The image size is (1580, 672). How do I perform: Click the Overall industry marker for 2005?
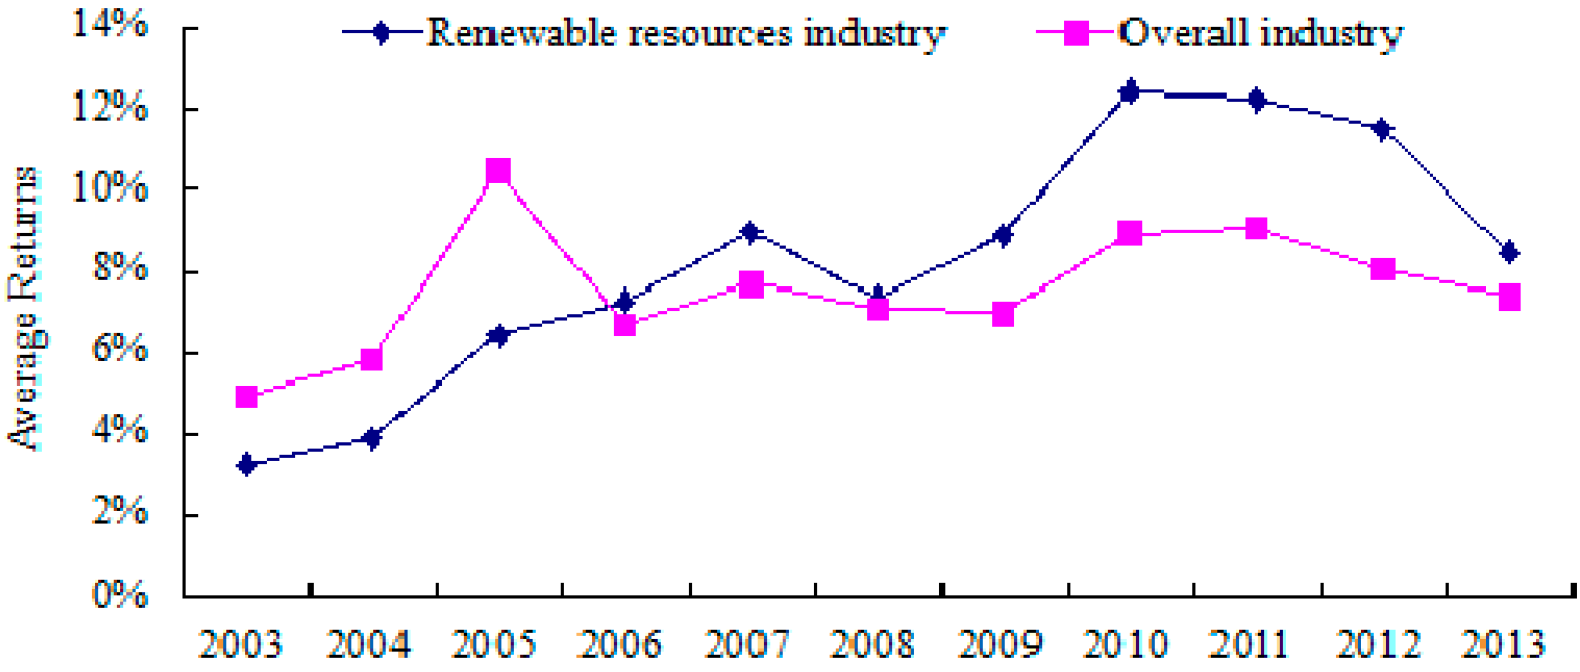click(498, 171)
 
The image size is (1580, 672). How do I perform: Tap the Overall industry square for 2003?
click(246, 397)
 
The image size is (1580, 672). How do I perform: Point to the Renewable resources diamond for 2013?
click(1510, 251)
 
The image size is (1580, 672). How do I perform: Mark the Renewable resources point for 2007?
click(750, 232)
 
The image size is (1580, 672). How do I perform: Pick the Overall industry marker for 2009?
click(1003, 314)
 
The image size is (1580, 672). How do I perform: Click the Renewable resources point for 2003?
click(246, 464)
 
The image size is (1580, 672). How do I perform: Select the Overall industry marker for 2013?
click(1510, 297)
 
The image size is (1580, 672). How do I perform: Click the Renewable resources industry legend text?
click(686, 34)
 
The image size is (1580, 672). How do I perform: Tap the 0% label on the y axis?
click(120, 595)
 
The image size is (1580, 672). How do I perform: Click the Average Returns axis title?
click(24, 310)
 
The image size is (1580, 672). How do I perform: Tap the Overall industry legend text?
click(1261, 34)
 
